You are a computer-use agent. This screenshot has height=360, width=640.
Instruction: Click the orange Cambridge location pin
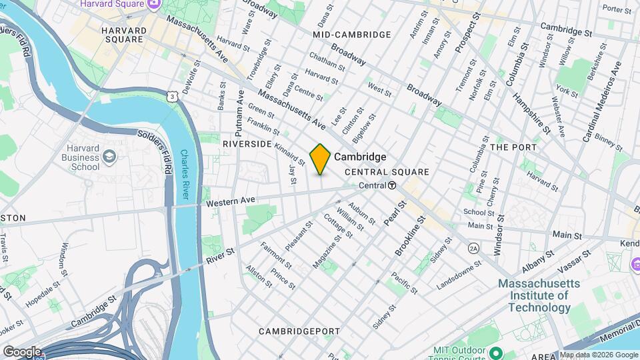pos(320,159)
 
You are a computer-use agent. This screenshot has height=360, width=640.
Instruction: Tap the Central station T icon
pos(393,185)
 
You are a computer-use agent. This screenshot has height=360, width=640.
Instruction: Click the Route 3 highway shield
pos(173,97)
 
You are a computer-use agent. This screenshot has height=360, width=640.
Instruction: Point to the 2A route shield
pos(474,248)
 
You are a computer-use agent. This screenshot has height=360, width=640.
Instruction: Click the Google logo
pos(22,351)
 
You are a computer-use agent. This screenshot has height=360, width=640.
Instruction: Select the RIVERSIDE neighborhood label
pos(247,144)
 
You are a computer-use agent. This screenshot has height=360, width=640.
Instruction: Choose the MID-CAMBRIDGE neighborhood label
pos(351,34)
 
